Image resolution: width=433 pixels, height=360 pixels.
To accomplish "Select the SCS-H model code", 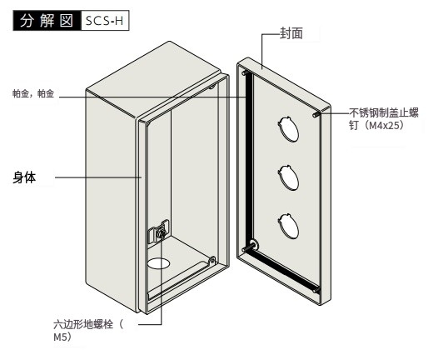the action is click(x=105, y=21).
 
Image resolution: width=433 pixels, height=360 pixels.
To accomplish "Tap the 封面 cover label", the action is click(x=291, y=33).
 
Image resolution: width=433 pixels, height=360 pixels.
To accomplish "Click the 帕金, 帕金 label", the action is click(x=33, y=93).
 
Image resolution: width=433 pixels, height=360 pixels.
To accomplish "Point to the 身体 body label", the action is click(x=24, y=177).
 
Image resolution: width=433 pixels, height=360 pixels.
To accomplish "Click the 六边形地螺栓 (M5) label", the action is click(x=88, y=330).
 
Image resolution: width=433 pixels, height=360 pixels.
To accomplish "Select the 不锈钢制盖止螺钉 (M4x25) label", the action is click(x=384, y=119).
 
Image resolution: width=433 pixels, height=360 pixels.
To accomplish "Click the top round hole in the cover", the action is click(x=289, y=129).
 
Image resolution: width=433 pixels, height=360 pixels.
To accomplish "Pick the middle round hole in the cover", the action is click(x=289, y=177).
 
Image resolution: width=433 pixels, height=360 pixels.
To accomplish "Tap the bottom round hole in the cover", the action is click(x=289, y=227).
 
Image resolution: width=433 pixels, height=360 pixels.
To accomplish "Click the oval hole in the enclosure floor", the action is click(x=158, y=263).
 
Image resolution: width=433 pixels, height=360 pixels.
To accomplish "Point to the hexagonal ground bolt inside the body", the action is click(x=162, y=233).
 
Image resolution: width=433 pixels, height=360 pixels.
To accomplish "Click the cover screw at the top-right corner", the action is click(x=316, y=114).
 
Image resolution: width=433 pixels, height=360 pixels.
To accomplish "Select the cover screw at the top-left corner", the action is click(x=245, y=72).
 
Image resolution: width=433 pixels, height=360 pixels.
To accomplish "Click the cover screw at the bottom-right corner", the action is click(x=316, y=290).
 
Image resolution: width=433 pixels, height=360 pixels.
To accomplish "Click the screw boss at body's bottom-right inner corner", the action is click(x=212, y=260).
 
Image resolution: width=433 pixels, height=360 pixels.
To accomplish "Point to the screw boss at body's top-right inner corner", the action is click(x=212, y=87).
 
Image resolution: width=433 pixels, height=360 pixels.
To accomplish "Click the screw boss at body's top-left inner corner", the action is click(x=147, y=122).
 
